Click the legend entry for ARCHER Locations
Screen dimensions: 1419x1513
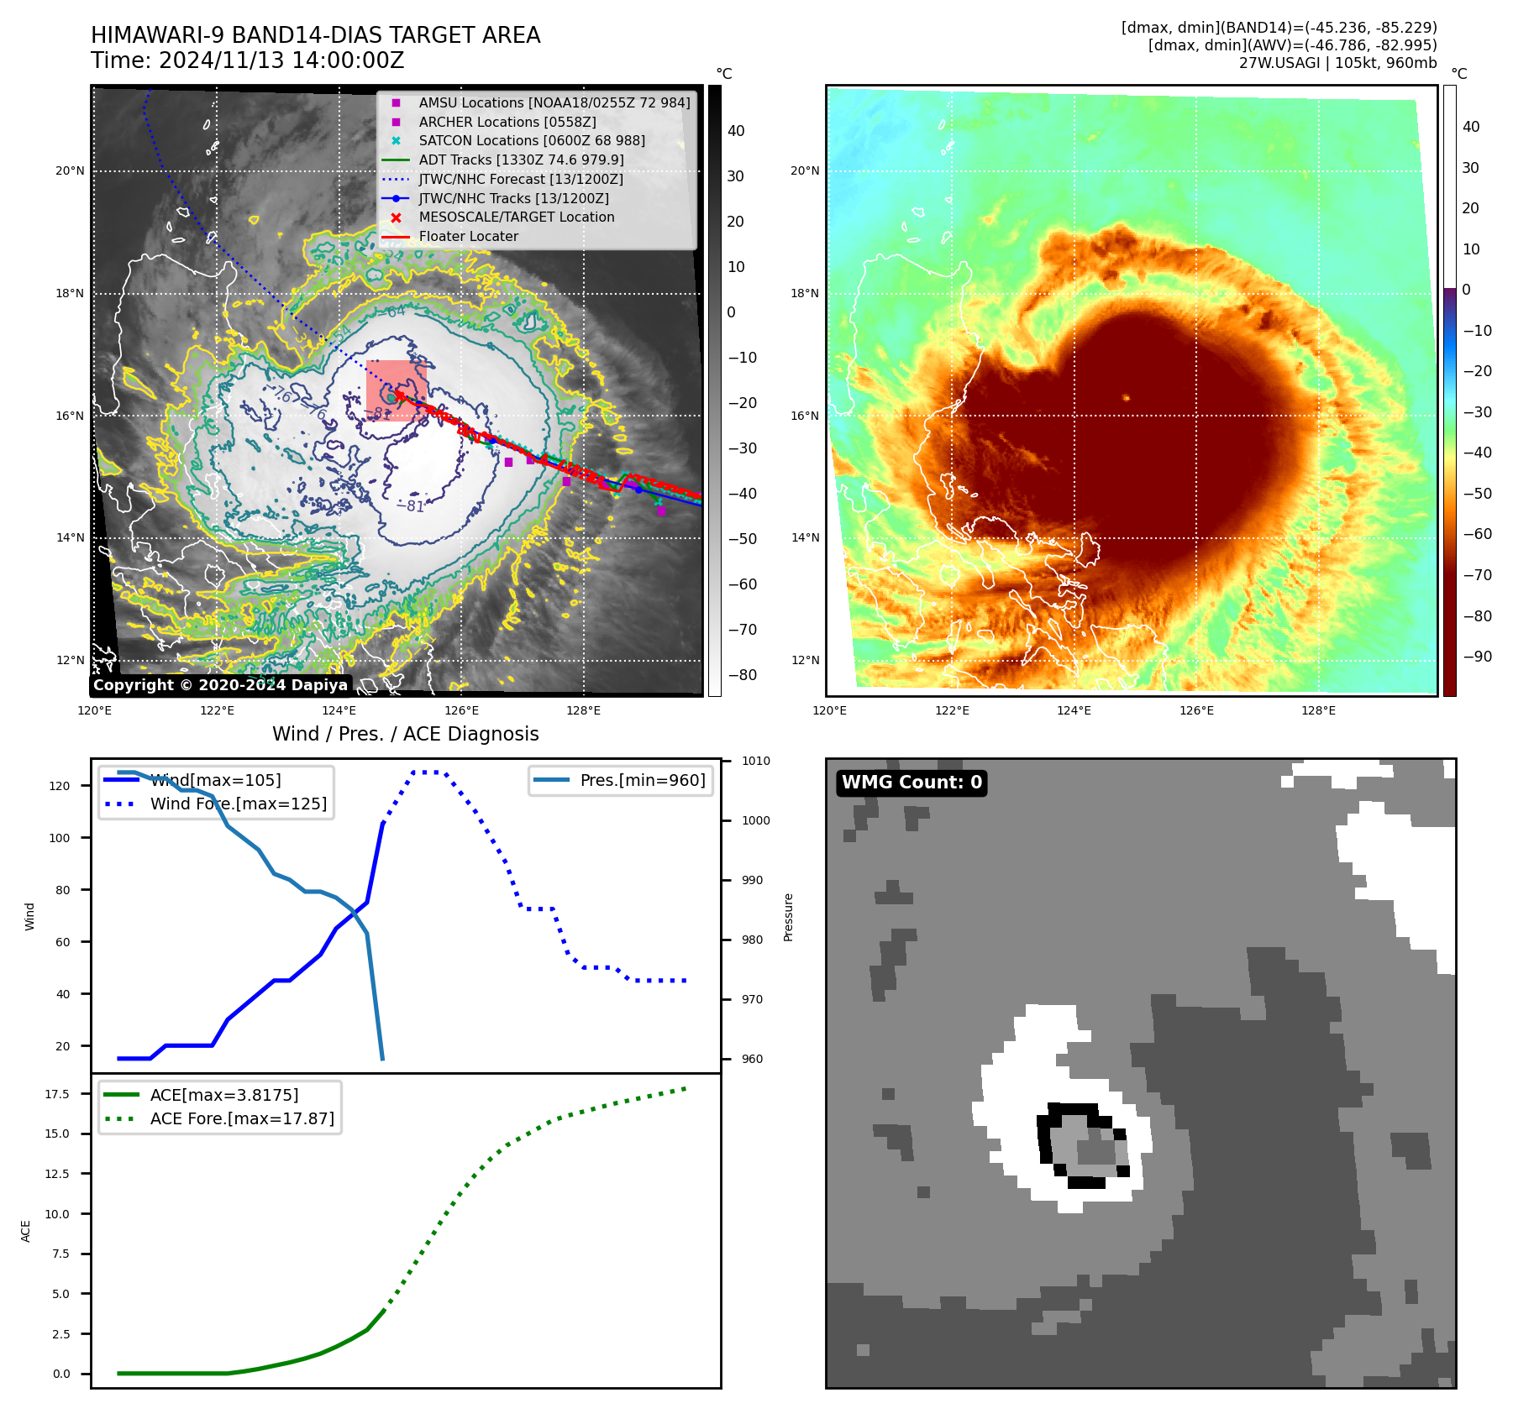pyautogui.click(x=507, y=122)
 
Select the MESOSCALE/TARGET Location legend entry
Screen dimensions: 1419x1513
pyautogui.click(x=516, y=217)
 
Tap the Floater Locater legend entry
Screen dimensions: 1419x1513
pyautogui.click(x=468, y=237)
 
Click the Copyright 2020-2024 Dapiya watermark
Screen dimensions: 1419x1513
pyautogui.click(x=220, y=685)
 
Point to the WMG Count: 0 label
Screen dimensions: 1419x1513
pyautogui.click(x=911, y=783)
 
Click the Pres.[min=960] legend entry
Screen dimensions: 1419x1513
pyautogui.click(x=642, y=781)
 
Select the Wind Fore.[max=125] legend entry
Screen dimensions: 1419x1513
pyautogui.click(x=238, y=804)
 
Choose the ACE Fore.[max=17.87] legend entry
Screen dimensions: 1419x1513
pyautogui.click(x=241, y=1119)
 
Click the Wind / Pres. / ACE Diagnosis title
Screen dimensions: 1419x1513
pyautogui.click(x=405, y=735)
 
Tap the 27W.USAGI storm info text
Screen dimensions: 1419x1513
pyautogui.click(x=1337, y=63)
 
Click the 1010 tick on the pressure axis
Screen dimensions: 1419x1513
pyautogui.click(x=755, y=762)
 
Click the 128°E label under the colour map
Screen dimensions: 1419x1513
pyautogui.click(x=1318, y=711)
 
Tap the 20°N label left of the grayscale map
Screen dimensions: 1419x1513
pyautogui.click(x=70, y=171)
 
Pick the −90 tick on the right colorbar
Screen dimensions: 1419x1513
pyautogui.click(x=1477, y=657)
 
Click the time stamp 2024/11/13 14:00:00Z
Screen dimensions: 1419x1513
pyautogui.click(x=281, y=61)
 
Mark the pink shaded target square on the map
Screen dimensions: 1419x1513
pyautogui.click(x=396, y=390)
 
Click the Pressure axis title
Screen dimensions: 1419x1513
pyautogui.click(x=788, y=917)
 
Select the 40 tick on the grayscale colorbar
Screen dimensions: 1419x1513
pyautogui.click(x=736, y=131)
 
